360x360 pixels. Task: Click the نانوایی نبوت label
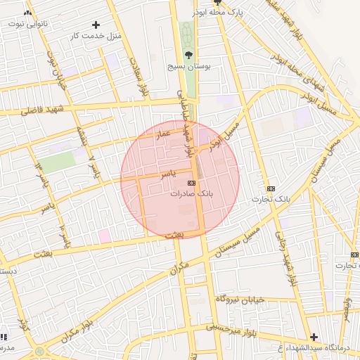(25, 23)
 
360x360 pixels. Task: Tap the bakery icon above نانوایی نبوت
(28, 13)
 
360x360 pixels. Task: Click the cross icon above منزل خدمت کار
(96, 25)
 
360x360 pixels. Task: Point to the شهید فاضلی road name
(41, 110)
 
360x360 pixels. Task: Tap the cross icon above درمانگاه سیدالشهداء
(314, 337)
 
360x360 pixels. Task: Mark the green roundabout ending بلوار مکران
(37, 351)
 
